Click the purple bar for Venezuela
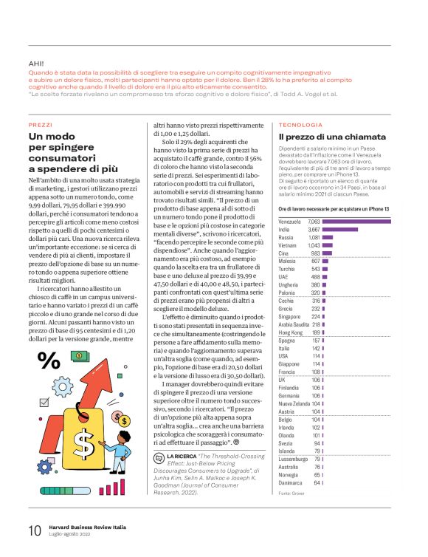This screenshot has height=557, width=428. (x=356, y=222)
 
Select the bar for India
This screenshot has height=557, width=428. (x=340, y=230)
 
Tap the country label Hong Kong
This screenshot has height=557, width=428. (x=291, y=332)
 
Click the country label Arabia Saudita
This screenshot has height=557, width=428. (x=294, y=324)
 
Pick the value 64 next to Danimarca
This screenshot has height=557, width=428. (x=317, y=482)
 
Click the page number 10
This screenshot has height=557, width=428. (x=35, y=530)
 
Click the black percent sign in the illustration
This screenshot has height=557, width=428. (x=49, y=381)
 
